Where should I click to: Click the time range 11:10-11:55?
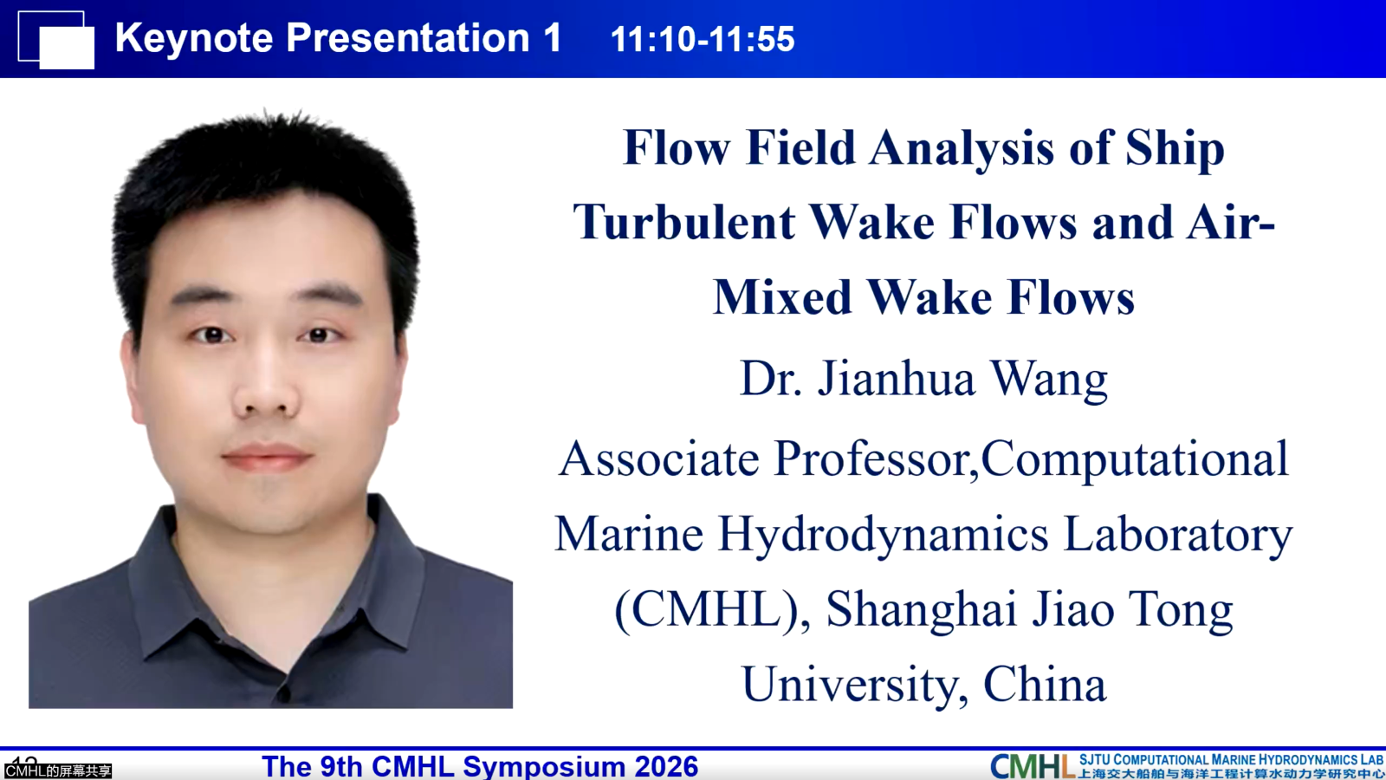[x=703, y=39]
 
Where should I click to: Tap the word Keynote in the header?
[x=194, y=38]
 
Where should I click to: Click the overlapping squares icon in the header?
[x=56, y=40]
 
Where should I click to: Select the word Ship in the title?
[x=1175, y=149]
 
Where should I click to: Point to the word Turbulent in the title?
[x=683, y=222]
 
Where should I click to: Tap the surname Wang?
[x=1050, y=379]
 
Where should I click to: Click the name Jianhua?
[x=897, y=378]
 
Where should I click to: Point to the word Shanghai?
[x=922, y=611]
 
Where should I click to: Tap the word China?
[x=1045, y=684]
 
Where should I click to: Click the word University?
[x=854, y=686]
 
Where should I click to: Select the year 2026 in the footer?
[x=666, y=766]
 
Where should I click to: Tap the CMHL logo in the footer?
[x=1032, y=766]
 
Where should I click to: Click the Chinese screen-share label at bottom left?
[x=57, y=771]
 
